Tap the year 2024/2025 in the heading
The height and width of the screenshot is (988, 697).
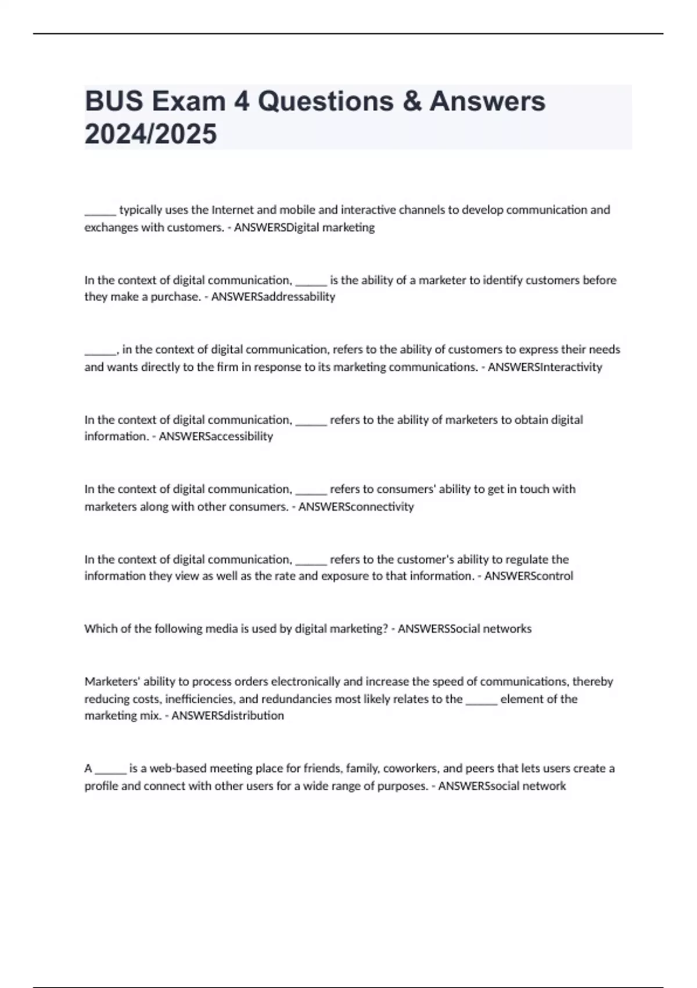tap(150, 134)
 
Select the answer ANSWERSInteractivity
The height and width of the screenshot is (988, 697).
tap(545, 367)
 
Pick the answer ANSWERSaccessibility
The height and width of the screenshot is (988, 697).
tap(215, 436)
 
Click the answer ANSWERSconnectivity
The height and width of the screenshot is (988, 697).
tap(356, 506)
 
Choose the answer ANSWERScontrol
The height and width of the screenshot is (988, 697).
tap(529, 576)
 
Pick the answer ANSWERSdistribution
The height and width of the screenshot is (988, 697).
tap(228, 715)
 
